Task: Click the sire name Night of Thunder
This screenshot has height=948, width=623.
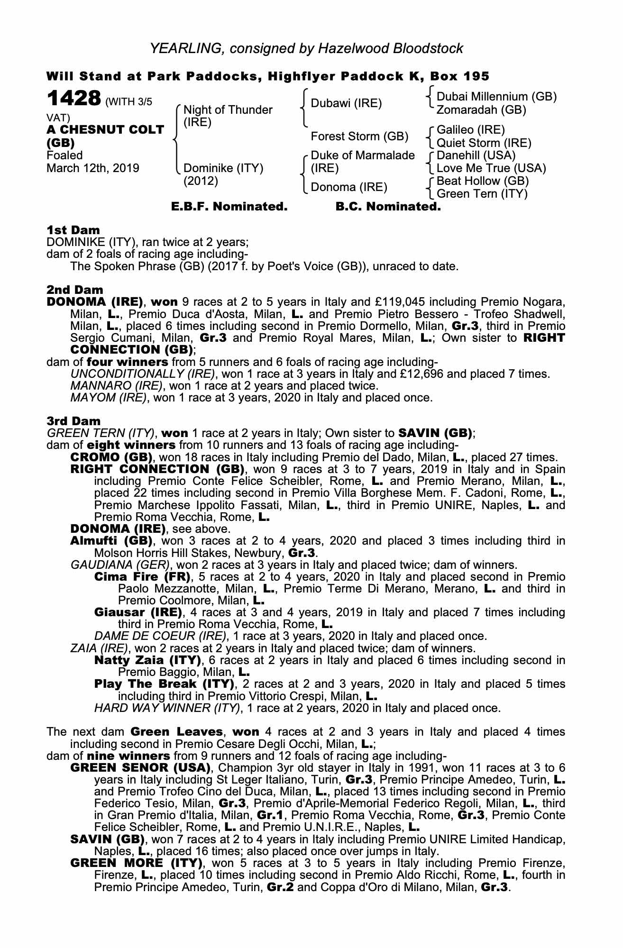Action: coord(228,110)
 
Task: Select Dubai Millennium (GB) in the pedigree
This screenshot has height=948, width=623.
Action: coord(496,97)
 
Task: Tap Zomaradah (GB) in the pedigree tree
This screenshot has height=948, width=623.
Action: coord(481,110)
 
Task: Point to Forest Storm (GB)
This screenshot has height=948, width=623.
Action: coord(359,137)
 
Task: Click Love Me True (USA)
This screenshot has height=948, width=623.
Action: coord(491,168)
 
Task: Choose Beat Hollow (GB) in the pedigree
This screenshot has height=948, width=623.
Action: coord(482,181)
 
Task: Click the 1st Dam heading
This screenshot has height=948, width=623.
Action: coord(73,230)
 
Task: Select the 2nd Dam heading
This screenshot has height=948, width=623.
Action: coord(74,290)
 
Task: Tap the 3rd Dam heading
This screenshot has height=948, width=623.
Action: coord(73,421)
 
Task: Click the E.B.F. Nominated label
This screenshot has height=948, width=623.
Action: coord(229,207)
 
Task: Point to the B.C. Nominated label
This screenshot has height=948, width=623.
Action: coord(388,207)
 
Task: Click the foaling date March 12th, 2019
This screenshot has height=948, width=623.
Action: coord(93,168)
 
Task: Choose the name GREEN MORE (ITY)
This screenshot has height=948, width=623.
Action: coord(136,863)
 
